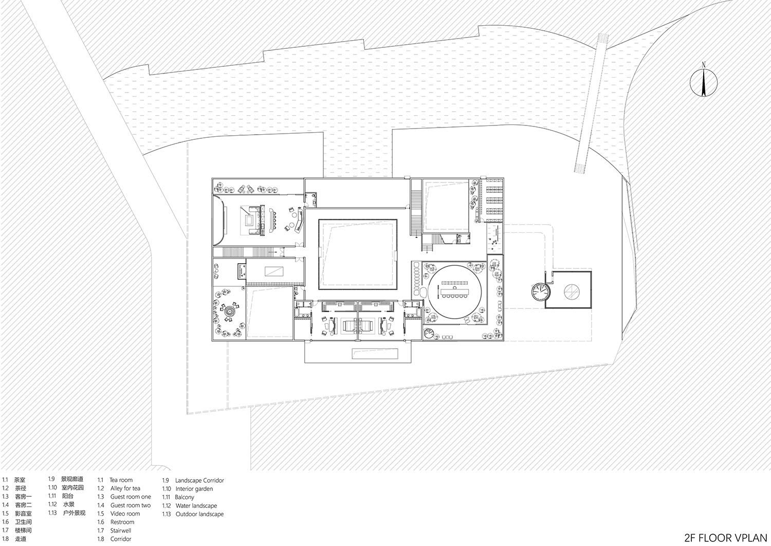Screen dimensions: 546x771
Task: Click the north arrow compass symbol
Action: pos(703,80)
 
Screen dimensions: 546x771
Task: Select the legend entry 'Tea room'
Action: pos(121,480)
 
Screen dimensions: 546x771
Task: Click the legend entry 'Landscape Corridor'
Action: pos(199,480)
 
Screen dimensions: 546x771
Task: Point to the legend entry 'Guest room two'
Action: pos(131,505)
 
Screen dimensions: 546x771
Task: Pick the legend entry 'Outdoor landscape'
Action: pos(199,514)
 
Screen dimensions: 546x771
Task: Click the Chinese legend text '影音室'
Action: pos(23,514)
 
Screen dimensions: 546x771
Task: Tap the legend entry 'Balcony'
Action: pos(185,497)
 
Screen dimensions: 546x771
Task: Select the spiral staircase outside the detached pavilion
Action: pos(541,293)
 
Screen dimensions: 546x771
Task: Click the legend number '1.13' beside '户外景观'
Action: pos(52,513)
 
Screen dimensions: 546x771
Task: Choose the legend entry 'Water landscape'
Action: pos(196,505)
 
